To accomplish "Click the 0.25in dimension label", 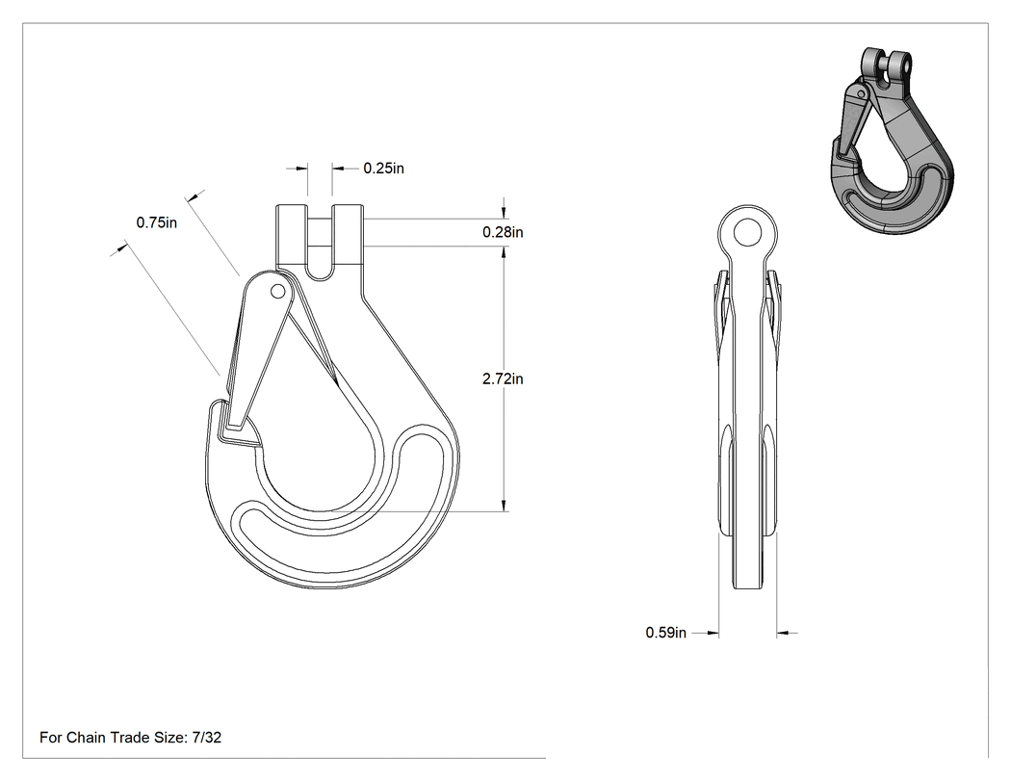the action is point(383,169).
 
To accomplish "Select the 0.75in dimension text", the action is point(156,222).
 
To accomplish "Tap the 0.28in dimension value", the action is point(503,232).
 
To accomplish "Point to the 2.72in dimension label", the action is point(503,378).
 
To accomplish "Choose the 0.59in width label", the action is point(666,633).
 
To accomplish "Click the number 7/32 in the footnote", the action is point(207,737).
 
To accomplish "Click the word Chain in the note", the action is point(87,737).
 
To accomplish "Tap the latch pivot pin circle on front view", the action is point(278,292).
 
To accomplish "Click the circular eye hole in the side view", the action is point(748,232).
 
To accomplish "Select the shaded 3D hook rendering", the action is point(891,141).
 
